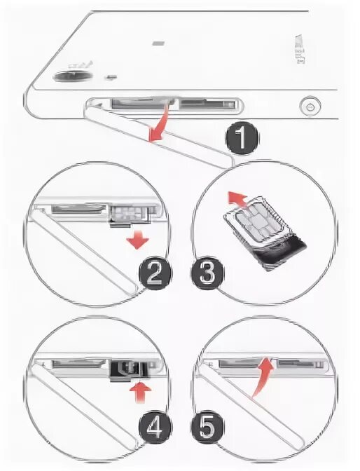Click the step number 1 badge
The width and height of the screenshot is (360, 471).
click(242, 139)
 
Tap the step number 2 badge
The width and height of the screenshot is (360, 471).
click(155, 273)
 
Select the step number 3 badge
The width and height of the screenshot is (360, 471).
click(207, 273)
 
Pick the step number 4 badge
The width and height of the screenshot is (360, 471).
click(155, 427)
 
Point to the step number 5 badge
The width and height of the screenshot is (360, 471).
click(207, 427)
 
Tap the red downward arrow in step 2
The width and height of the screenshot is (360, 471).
click(137, 240)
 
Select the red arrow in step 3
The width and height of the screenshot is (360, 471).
click(237, 199)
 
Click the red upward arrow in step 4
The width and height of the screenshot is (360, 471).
click(141, 393)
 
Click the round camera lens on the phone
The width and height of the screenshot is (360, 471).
click(72, 76)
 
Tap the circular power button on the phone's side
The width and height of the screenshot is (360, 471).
click(310, 107)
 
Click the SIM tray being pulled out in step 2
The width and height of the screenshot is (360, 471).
click(130, 215)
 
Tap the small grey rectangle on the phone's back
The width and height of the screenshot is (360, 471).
click(158, 43)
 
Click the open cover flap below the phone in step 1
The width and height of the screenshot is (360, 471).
click(159, 135)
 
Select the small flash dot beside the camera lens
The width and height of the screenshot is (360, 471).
click(111, 77)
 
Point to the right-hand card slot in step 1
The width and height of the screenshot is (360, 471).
click(208, 104)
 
